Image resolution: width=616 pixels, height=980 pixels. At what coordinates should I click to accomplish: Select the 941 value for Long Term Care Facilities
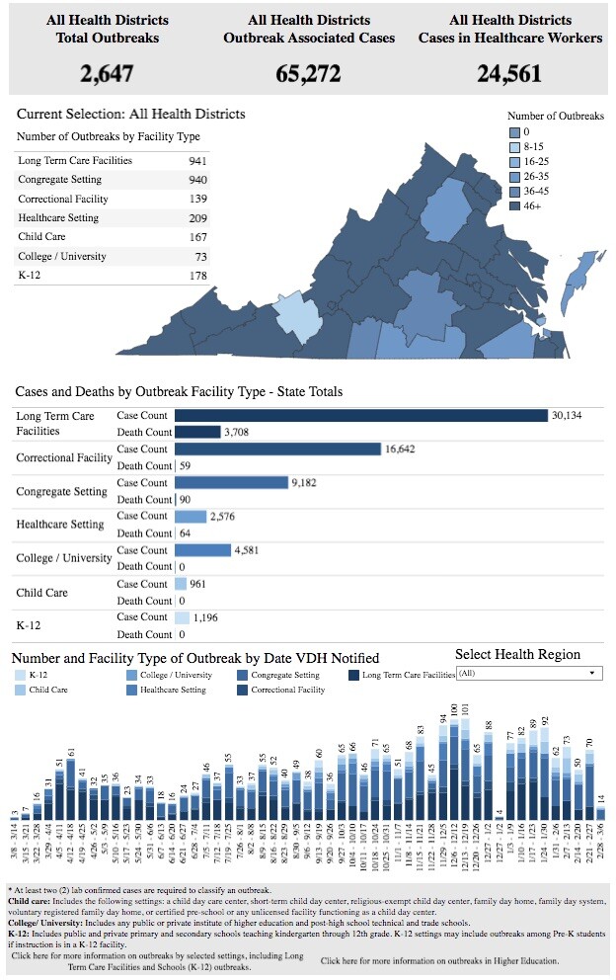[x=197, y=161]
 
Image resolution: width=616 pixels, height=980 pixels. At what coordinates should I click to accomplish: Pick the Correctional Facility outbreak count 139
[x=199, y=200]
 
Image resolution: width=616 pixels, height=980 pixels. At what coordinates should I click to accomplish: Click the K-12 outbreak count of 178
[x=199, y=276]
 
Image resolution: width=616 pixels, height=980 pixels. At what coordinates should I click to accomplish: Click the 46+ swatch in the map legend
[x=513, y=205]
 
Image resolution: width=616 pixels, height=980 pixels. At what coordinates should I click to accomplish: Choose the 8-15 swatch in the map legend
[x=513, y=146]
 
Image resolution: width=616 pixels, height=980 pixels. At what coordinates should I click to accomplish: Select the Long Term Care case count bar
[x=360, y=416]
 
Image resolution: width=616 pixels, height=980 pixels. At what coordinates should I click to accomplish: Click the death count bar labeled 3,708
[x=197, y=432]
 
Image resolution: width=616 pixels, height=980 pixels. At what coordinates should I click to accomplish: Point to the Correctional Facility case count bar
[x=277, y=449]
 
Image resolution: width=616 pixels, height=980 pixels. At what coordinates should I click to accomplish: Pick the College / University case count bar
[x=202, y=550]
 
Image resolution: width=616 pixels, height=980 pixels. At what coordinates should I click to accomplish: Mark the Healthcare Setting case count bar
[x=191, y=517]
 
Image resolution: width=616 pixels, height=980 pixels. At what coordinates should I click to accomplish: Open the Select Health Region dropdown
[x=529, y=672]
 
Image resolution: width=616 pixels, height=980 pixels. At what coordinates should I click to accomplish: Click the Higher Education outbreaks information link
[x=439, y=960]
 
